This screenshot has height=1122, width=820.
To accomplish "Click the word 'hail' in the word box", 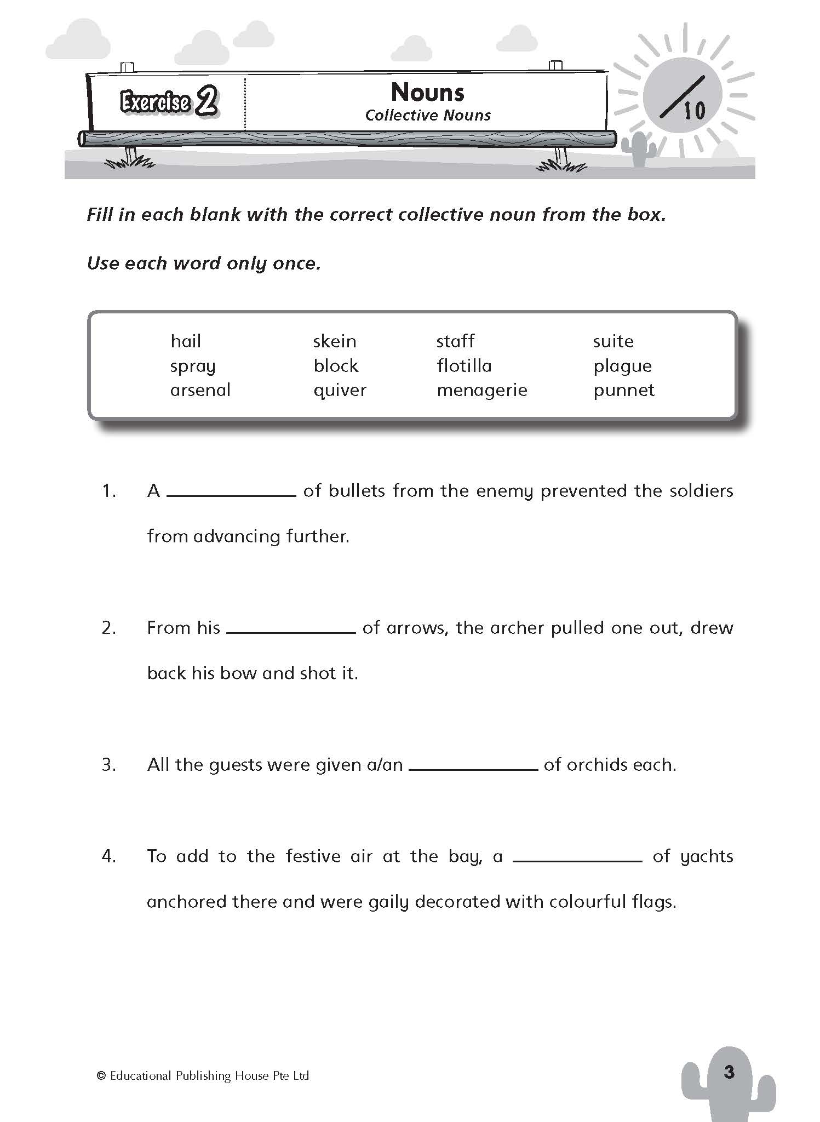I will click(186, 341).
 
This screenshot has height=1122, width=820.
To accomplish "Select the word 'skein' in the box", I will click(335, 341).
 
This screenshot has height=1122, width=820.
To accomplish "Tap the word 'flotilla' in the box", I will click(464, 365).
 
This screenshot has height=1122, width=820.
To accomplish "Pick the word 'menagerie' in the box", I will click(481, 390).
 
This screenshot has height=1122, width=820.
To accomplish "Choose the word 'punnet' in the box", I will click(624, 390).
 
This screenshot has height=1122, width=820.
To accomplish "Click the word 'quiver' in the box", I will click(340, 390).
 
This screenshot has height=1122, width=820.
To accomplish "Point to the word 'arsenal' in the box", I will click(200, 390).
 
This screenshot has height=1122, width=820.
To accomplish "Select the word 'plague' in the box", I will click(622, 366).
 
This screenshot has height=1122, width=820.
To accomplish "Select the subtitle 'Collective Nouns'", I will click(428, 116).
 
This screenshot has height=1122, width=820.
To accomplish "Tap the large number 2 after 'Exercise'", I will click(207, 101).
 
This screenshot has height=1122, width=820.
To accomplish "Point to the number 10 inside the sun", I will click(694, 111).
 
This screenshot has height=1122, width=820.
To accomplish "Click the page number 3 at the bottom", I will click(729, 1072).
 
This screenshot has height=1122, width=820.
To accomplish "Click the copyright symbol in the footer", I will click(101, 1076).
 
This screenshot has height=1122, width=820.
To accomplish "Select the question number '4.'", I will click(109, 856).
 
